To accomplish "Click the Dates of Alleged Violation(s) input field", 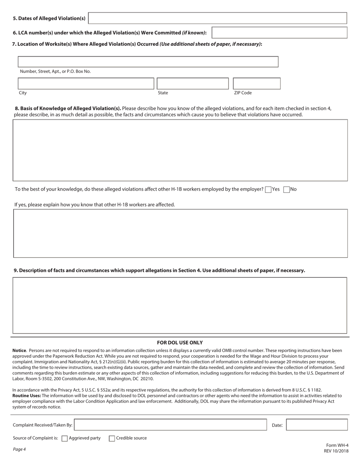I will coord(218,18).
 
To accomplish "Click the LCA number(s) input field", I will coord(279,33).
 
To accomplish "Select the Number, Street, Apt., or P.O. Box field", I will coord(148,62).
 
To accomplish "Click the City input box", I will coord(86,83).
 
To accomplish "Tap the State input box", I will coord(193,83).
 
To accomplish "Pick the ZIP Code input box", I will coord(257,83).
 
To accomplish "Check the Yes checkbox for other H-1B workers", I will coord(268,190).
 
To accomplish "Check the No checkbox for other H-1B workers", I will coord(286,190).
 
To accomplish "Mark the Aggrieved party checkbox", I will coord(65,438).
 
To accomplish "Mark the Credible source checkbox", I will coord(112,438).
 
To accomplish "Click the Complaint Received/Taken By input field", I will coord(171,425).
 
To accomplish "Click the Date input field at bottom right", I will coord(317,425).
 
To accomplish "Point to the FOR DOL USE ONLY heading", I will coord(180,342).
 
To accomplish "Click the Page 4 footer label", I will coord(19,449).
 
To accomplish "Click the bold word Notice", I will coord(19,351).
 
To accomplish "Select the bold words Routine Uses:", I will coord(27,396).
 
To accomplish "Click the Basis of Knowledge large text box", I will coord(180,150).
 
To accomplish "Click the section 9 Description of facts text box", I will coord(180,305).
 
